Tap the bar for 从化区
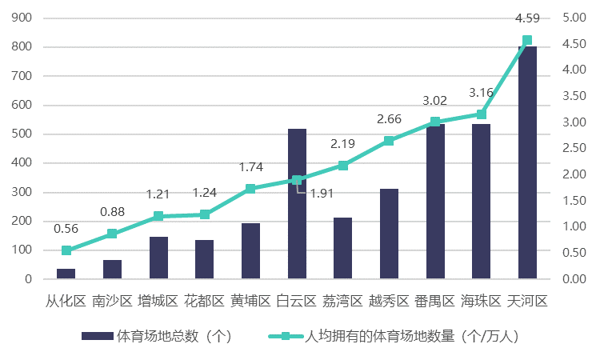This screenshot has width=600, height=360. pyautogui.click(x=66, y=274)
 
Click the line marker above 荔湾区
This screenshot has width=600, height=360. pyautogui.click(x=343, y=166)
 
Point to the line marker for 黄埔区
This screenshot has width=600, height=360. pyautogui.click(x=250, y=189)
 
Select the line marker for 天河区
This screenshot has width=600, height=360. pyautogui.click(x=527, y=41)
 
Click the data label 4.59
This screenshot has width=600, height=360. pyautogui.click(x=526, y=18)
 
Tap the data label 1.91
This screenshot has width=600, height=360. pyautogui.click(x=322, y=193)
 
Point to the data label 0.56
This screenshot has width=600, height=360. pyautogui.click(x=66, y=229)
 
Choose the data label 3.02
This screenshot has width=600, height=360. pyautogui.click(x=434, y=101)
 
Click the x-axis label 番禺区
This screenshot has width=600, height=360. pyautogui.click(x=434, y=302)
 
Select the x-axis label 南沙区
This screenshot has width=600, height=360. pyautogui.click(x=112, y=302)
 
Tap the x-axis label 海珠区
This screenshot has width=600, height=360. pyautogui.click(x=481, y=302)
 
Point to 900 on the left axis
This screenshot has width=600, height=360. pyautogui.click(x=22, y=18)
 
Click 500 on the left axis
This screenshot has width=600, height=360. pyautogui.click(x=22, y=134)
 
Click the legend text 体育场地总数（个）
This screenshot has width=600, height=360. pyautogui.click(x=174, y=336)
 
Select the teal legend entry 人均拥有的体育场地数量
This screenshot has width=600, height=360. pyautogui.click(x=412, y=336)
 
